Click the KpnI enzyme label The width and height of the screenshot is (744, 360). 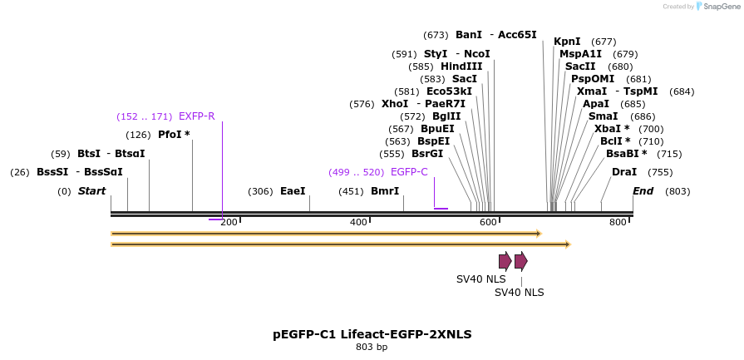coord(567,42)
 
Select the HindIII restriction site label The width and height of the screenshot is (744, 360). coord(461,67)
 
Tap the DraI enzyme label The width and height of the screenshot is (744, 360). coord(623,172)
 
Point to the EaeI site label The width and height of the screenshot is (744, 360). coord(293,191)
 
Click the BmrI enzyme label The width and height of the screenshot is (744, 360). coord(385,191)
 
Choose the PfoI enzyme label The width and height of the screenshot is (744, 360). coord(174,135)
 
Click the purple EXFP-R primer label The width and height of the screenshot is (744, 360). coord(196,116)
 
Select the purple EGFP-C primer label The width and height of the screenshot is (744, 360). coord(409,172)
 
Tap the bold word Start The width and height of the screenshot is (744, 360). coord(92,191)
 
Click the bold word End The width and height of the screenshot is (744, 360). coord(643,191)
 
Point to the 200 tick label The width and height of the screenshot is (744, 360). coord(229,222)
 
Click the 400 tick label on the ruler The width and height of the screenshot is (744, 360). coord(359,222)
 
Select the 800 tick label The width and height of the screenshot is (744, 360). coord(618,222)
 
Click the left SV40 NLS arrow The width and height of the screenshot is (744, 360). coord(505,261)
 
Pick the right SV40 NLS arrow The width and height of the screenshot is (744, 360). coord(520,261)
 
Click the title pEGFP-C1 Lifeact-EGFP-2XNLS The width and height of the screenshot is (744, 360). coord(372,334)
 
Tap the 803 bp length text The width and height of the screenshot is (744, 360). coord(372,348)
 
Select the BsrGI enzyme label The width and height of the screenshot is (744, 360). coord(427,154)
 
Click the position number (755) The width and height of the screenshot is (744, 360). coord(660,172)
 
